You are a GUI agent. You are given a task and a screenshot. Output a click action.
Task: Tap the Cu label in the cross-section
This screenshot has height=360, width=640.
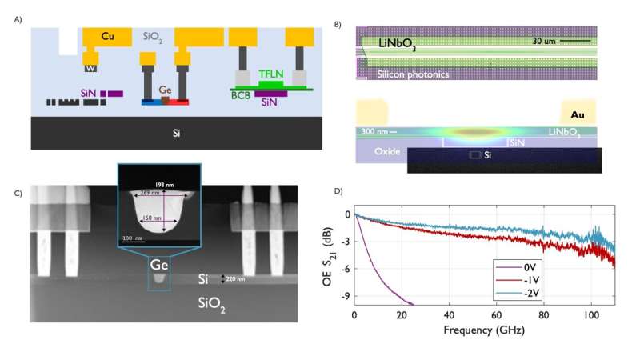click(x=110, y=36)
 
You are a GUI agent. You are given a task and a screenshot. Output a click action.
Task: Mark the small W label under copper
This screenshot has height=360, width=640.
click(x=90, y=68)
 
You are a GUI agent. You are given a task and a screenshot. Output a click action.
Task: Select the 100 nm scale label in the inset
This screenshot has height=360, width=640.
click(x=133, y=238)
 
